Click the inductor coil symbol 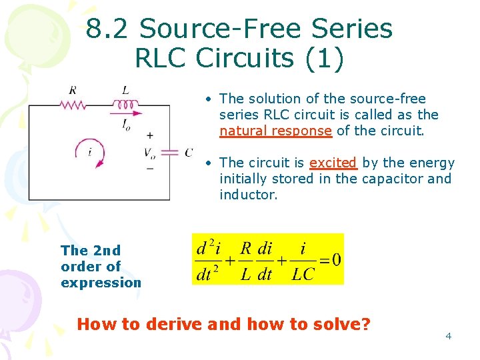click(124, 104)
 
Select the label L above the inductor click(125, 90)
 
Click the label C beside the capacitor click(189, 153)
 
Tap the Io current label click(127, 124)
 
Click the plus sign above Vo click(149, 135)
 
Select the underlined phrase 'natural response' click(275, 131)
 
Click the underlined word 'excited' click(333, 163)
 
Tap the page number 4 click(448, 335)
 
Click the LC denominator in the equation click(303, 273)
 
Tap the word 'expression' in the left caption click(101, 282)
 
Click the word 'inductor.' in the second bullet click(248, 195)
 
